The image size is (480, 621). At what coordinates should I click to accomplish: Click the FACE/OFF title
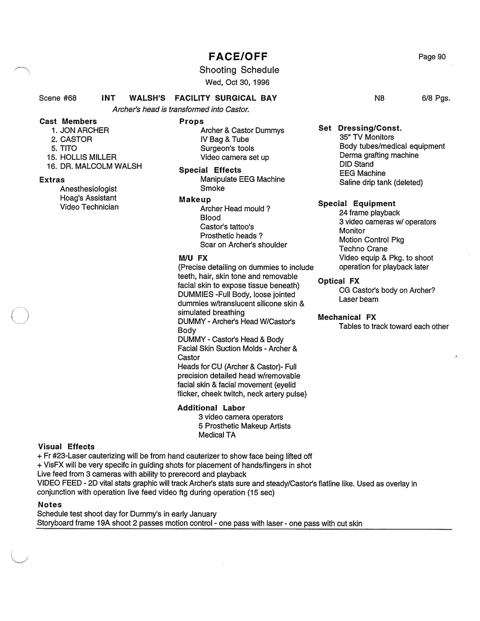(x=238, y=56)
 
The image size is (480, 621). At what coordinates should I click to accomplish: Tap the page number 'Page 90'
(x=432, y=57)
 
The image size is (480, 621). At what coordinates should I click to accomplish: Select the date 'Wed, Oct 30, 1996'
(x=237, y=82)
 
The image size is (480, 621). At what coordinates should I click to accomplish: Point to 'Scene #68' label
(x=58, y=98)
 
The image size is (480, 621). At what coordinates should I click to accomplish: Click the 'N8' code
(x=379, y=98)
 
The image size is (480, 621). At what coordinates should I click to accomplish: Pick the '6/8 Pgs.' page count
(x=436, y=98)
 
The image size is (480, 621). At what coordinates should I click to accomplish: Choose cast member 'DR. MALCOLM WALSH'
(x=101, y=166)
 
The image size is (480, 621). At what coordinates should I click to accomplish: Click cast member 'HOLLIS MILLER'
(x=88, y=157)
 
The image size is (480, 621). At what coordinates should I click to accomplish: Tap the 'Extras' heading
(x=52, y=180)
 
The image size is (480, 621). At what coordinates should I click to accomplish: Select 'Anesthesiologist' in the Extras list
(x=88, y=189)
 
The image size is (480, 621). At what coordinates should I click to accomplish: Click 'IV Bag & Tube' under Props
(x=224, y=139)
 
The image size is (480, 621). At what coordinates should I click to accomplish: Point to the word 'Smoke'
(x=212, y=188)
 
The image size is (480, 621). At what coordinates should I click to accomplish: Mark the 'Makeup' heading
(x=195, y=199)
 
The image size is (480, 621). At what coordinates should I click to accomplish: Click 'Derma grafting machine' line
(x=379, y=155)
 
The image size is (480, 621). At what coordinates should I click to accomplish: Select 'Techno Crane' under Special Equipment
(x=363, y=249)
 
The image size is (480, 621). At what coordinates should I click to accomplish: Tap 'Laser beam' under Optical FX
(x=358, y=300)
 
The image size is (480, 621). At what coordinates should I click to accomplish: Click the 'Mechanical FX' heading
(x=346, y=317)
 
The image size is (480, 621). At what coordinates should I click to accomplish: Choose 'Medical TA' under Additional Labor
(x=217, y=435)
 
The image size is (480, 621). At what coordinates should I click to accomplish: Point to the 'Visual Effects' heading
(x=66, y=447)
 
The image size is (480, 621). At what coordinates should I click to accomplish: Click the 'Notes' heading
(x=50, y=505)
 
